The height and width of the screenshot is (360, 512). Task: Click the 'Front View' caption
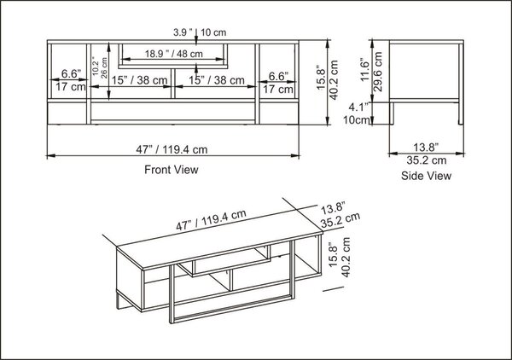point(172,170)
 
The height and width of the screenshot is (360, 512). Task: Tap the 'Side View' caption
point(426,176)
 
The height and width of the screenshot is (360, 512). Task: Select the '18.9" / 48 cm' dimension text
point(174,54)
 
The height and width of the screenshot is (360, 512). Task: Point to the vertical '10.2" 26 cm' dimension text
point(100,67)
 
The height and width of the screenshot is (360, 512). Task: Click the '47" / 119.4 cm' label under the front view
point(172,149)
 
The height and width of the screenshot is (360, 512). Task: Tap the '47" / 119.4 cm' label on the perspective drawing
point(211,220)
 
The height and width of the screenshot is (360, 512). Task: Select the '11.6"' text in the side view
point(364,70)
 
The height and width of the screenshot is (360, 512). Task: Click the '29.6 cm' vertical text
point(378,72)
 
